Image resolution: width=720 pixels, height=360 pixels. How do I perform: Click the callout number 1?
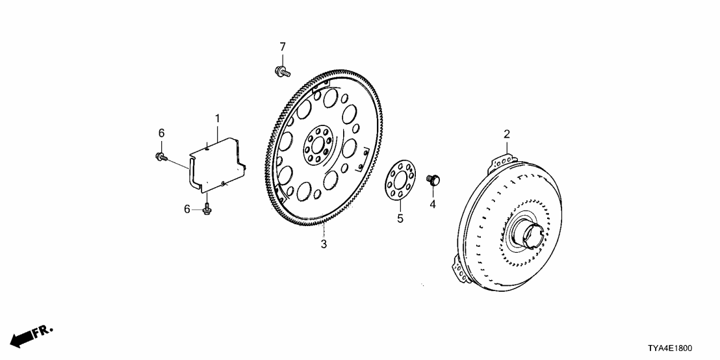point(218,118)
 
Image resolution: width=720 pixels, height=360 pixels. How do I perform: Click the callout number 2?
point(507,135)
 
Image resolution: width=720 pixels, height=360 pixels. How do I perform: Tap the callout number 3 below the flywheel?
point(324,244)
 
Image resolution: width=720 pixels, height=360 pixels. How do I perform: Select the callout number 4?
point(431,204)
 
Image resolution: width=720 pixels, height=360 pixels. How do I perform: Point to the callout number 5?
point(400,218)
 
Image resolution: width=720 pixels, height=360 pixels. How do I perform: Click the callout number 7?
point(283,47)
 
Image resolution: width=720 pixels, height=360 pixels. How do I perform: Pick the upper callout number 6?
point(161,133)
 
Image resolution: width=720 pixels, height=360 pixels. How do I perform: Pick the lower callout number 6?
point(187,209)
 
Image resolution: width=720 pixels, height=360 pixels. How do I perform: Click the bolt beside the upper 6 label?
point(161,156)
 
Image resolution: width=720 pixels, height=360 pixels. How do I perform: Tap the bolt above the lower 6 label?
point(207,209)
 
